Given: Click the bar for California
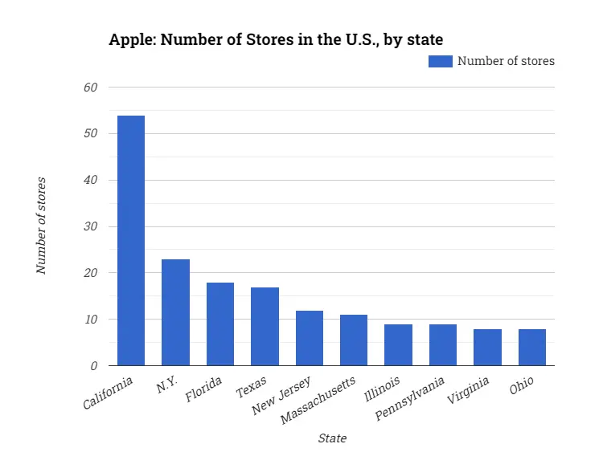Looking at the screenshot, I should tap(131, 241).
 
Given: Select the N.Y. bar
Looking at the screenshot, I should tap(175, 312).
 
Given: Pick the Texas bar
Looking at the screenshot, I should tap(265, 326).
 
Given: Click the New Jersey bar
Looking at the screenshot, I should tap(310, 338).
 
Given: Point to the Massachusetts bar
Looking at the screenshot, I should tap(354, 340).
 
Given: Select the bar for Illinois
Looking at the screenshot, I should tap(398, 345).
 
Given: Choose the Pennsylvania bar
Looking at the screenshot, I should tap(443, 345).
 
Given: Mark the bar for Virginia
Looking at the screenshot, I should tap(487, 348).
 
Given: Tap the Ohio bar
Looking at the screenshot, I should tap(532, 348).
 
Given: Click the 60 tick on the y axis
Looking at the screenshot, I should tap(91, 87).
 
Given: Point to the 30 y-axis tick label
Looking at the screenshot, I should tap(91, 226).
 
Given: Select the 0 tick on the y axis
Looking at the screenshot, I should tap(94, 366).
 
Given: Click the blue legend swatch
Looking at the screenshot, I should tap(440, 61).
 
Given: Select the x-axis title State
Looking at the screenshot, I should tap(332, 438).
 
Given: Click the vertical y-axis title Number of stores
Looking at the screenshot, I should tap(41, 226).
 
